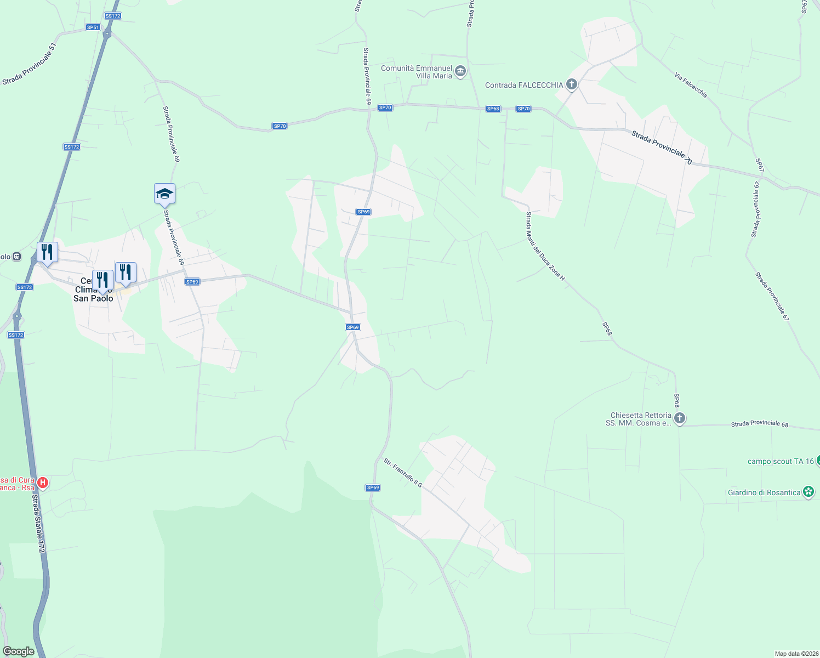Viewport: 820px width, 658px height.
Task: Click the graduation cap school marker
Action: (164, 194)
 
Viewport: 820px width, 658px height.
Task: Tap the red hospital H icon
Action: (42, 483)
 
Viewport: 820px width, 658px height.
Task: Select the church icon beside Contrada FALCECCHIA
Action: (572, 84)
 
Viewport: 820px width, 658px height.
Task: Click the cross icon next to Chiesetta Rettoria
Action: (679, 419)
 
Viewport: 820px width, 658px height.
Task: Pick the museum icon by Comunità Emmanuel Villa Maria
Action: (460, 71)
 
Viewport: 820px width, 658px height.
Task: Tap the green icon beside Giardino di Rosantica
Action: (808, 492)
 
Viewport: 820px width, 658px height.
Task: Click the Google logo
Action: (18, 651)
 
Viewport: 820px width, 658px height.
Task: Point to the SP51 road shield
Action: (93, 27)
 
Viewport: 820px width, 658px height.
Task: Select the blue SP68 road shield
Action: (493, 109)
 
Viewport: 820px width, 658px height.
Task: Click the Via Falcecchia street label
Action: (691, 86)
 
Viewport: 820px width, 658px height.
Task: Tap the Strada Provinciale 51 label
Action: (30, 65)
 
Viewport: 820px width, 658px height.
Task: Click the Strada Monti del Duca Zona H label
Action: (545, 247)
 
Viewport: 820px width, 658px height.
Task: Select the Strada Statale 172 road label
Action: (37, 524)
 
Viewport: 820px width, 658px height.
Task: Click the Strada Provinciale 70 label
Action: (661, 147)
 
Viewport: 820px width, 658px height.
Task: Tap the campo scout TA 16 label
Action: (781, 461)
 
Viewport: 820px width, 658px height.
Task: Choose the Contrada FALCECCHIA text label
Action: (524, 85)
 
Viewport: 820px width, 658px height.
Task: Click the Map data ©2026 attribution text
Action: (796, 654)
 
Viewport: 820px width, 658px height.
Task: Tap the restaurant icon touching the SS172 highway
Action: (47, 252)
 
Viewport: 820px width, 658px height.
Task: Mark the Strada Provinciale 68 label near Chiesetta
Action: (759, 424)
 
